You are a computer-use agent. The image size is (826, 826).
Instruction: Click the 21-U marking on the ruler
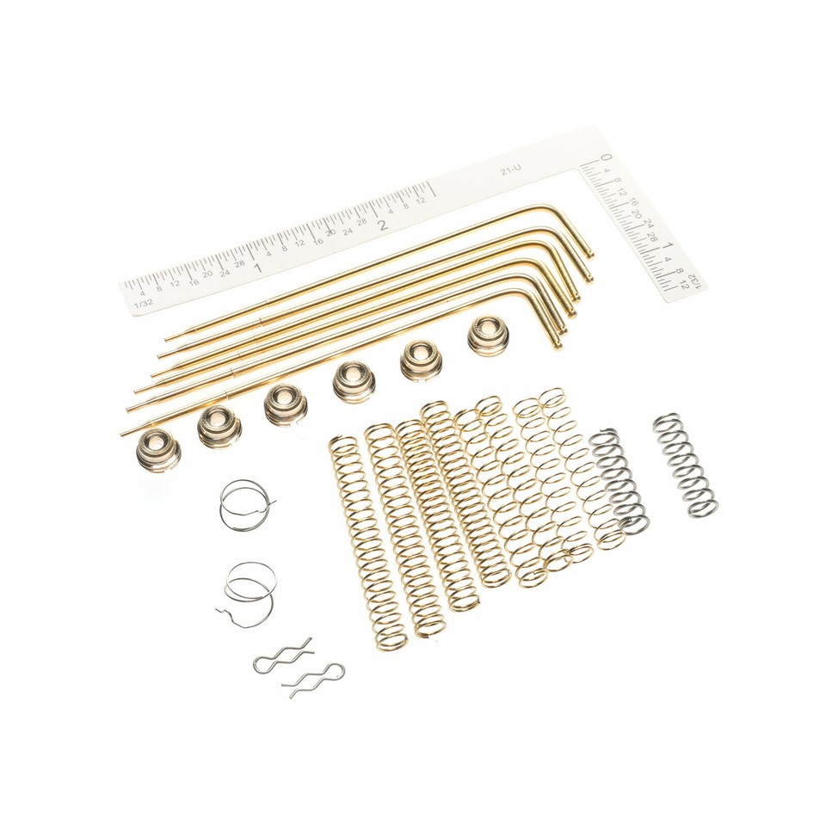tap(510, 171)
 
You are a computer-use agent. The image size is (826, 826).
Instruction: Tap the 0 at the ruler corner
tap(606, 158)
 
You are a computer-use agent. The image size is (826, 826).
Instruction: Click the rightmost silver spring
tap(686, 465)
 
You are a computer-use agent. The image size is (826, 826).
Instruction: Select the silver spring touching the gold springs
tap(619, 478)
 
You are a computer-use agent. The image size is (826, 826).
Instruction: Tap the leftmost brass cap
tap(158, 449)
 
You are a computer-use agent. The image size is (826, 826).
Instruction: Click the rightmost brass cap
tap(488, 336)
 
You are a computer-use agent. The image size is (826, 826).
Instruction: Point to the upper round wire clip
tap(245, 505)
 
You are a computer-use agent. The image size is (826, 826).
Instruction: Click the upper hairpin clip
tap(283, 656)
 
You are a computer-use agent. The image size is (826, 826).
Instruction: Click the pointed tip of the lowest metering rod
tap(123, 434)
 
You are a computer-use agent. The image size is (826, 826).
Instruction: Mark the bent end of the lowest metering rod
tap(558, 343)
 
